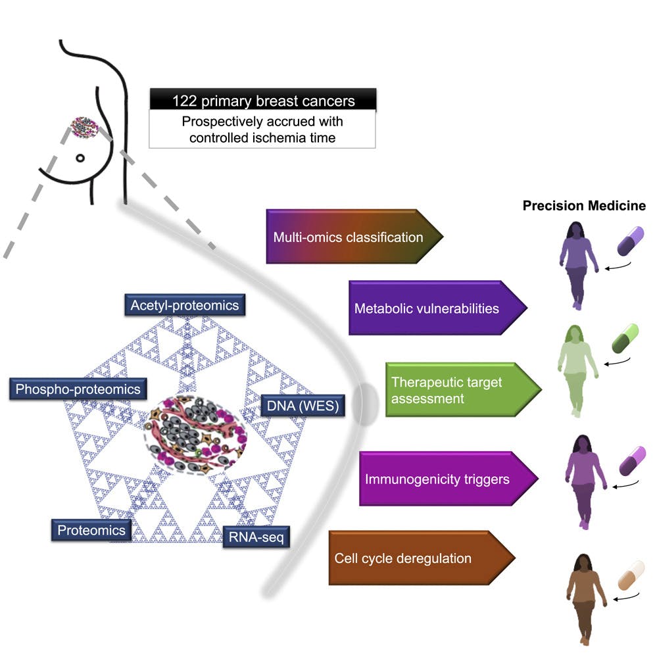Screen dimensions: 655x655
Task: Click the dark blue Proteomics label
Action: (x=91, y=529)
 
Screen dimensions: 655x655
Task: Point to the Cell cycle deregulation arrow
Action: (x=411, y=558)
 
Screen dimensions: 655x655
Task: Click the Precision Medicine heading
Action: (x=584, y=206)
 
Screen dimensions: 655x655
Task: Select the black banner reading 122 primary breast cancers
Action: (x=263, y=101)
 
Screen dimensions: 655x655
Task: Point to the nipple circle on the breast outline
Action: (x=80, y=158)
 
